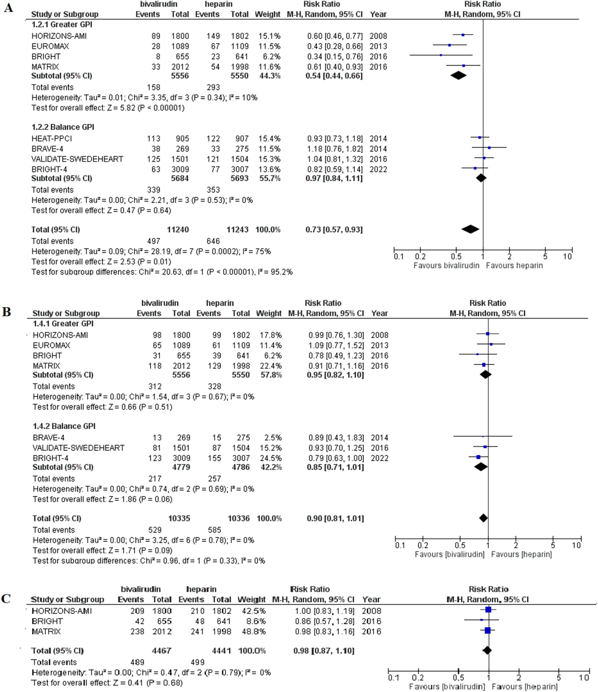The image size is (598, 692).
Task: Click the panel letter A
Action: point(8,8)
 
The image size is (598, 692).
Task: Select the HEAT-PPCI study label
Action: point(52,138)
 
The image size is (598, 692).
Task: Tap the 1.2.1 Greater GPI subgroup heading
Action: point(62,24)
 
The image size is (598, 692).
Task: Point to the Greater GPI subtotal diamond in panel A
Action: point(458,76)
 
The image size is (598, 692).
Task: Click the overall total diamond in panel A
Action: point(470,229)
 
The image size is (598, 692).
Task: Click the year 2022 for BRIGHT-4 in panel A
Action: point(378,169)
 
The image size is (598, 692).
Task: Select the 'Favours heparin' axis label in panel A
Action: point(514,266)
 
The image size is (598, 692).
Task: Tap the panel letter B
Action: point(6,312)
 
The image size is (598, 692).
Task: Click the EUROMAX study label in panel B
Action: point(52,345)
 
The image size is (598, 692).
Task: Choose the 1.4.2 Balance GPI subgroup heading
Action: point(64,426)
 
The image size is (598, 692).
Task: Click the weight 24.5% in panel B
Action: point(270,458)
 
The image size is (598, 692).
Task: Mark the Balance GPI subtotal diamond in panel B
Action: point(481,467)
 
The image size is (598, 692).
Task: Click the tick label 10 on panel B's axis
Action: point(577,545)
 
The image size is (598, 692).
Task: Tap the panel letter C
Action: point(6,598)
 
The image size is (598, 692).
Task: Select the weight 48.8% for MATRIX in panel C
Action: point(254,631)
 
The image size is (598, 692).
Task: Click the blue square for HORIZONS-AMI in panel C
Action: point(488,610)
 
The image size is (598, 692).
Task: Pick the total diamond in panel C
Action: point(487,650)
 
